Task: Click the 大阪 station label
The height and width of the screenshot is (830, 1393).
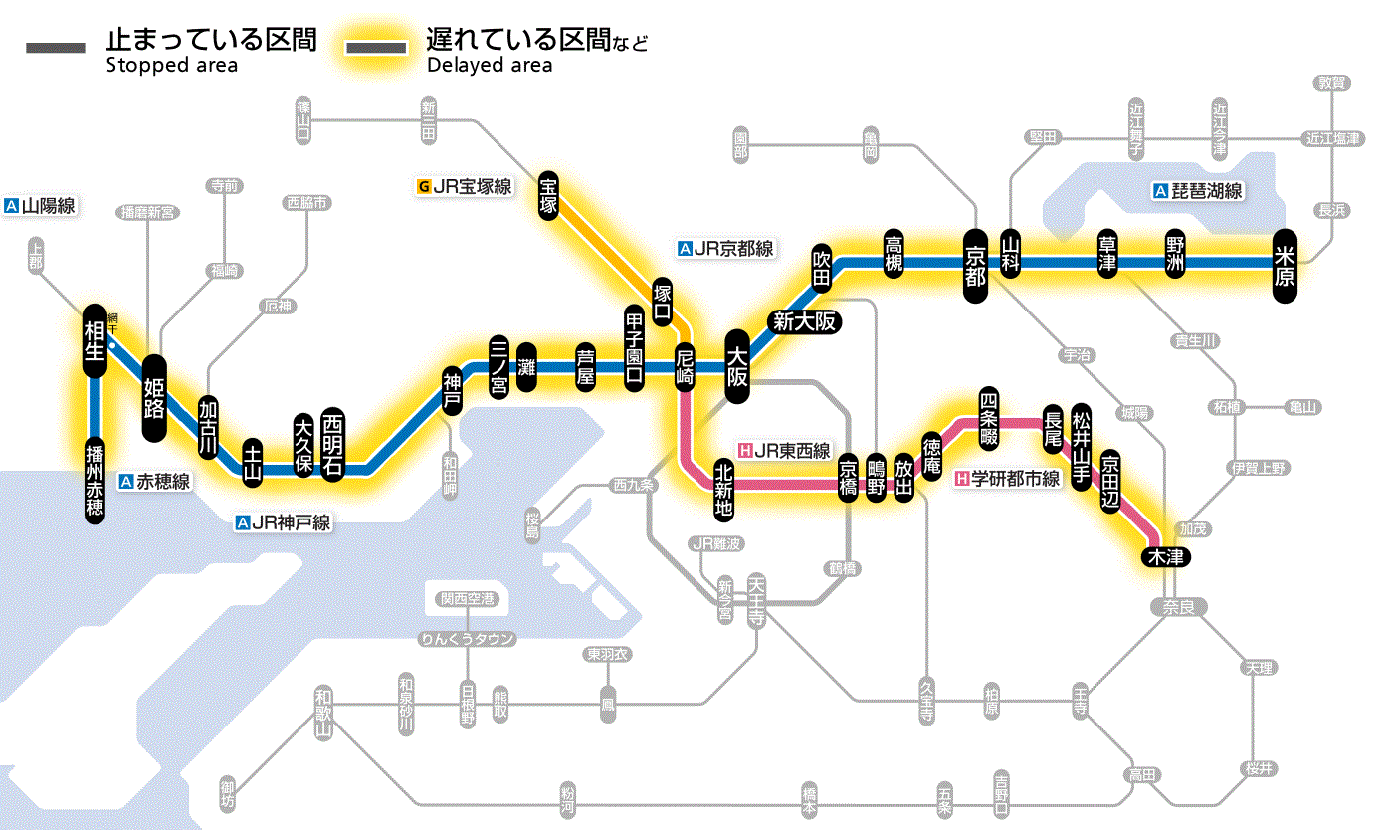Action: [737, 366]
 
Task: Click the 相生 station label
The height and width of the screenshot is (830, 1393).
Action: [95, 340]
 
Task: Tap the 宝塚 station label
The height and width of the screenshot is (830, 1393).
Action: [548, 194]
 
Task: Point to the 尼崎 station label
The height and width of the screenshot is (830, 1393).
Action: [685, 370]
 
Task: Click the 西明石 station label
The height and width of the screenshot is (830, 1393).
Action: [332, 444]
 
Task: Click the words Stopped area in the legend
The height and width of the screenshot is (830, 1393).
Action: [171, 66]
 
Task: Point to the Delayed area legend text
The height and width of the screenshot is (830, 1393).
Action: [490, 66]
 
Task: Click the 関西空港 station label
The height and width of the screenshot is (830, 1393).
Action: [468, 599]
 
